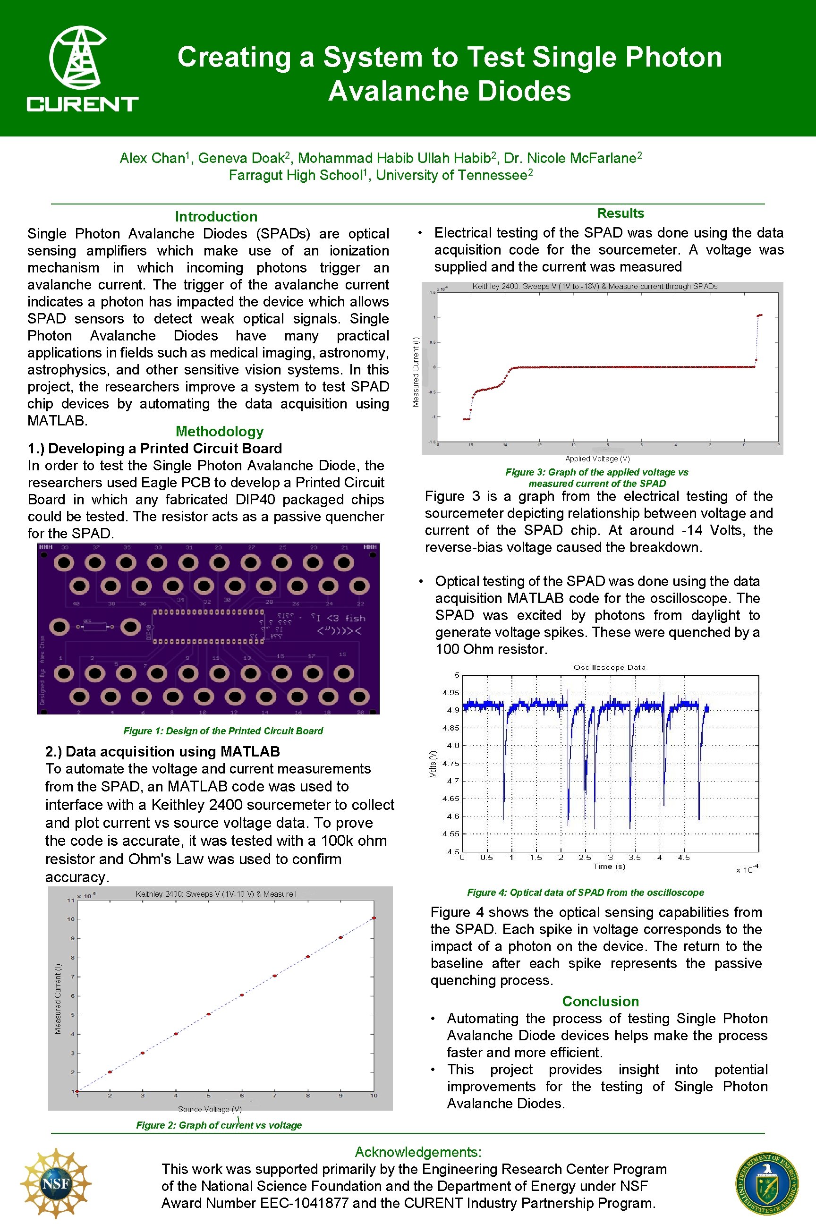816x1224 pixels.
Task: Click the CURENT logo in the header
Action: (82, 69)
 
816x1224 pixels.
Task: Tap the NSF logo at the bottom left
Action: (56, 1183)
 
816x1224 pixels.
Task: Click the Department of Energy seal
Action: (766, 1183)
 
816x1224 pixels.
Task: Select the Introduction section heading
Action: (216, 216)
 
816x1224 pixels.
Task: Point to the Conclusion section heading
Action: (600, 1001)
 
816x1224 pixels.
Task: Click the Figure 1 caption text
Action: (223, 731)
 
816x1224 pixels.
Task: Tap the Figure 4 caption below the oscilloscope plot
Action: (585, 892)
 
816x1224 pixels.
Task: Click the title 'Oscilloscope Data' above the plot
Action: (609, 667)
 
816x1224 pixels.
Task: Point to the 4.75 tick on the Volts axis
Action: (450, 763)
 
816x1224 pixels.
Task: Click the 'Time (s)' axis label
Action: (609, 866)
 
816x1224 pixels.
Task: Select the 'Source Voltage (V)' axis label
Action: (210, 1109)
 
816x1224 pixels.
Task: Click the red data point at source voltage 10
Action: (374, 918)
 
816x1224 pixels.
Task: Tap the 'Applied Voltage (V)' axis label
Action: (597, 459)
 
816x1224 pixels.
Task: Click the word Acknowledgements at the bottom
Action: (418, 1152)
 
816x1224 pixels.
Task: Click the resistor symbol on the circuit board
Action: (95, 627)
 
